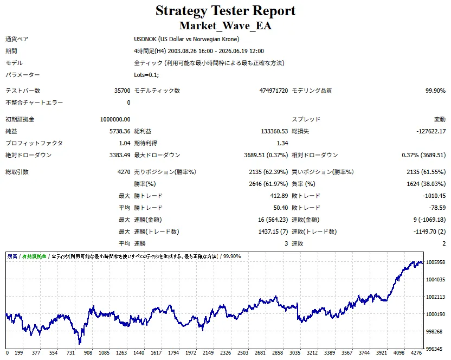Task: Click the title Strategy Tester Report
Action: [225, 11]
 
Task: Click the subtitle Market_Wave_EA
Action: [225, 25]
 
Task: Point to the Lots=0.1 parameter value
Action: [146, 75]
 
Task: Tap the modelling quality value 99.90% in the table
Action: [435, 91]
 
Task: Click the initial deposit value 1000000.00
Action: [115, 119]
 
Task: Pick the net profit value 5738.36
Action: [120, 131]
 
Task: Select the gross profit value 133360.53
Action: [274, 131]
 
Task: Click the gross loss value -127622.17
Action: [431, 131]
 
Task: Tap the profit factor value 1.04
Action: [125, 143]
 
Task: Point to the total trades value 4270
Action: [124, 172]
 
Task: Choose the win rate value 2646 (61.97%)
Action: [268, 184]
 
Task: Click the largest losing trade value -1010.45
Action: [434, 196]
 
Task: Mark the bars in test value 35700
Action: [123, 91]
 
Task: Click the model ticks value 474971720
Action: [274, 91]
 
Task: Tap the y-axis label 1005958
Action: [435, 262]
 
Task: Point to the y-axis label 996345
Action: [435, 349]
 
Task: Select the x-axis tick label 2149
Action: [208, 353]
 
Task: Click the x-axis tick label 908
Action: [88, 353]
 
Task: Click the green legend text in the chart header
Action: [34, 256]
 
